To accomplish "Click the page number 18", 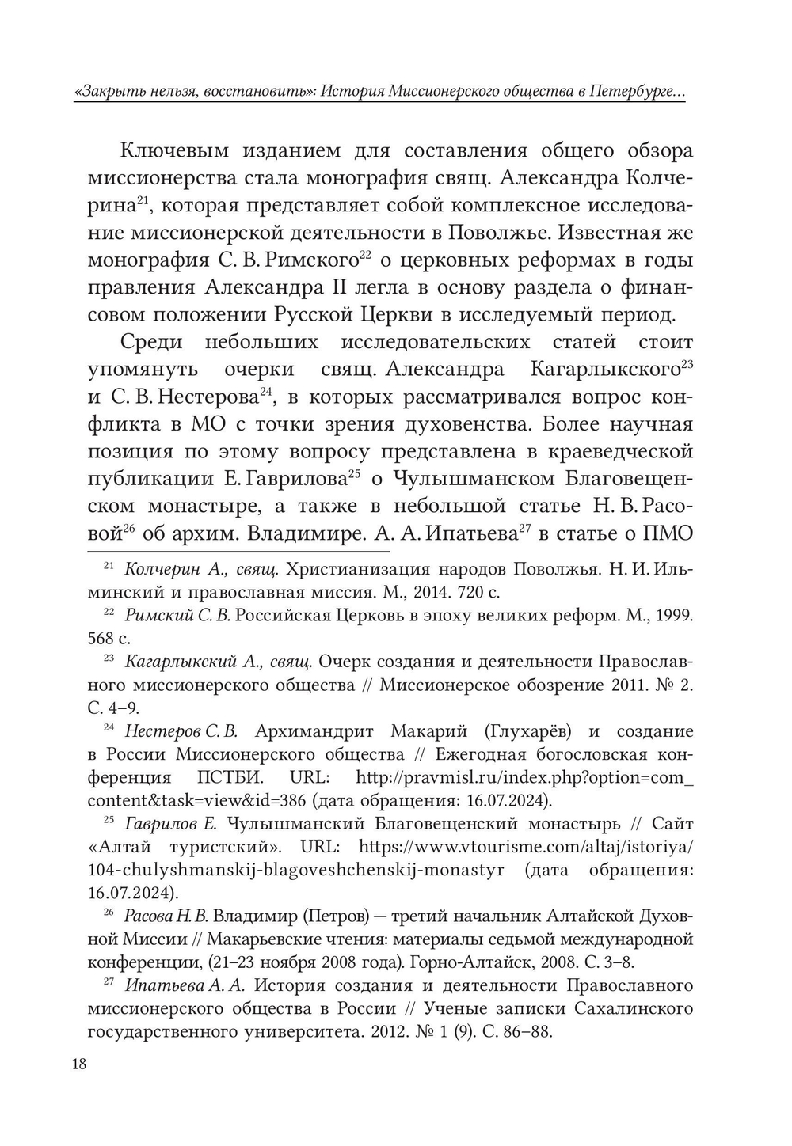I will click(x=78, y=1063).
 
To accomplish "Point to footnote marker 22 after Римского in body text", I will click(x=365, y=255).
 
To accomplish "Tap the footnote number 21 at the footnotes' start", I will click(x=110, y=567).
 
